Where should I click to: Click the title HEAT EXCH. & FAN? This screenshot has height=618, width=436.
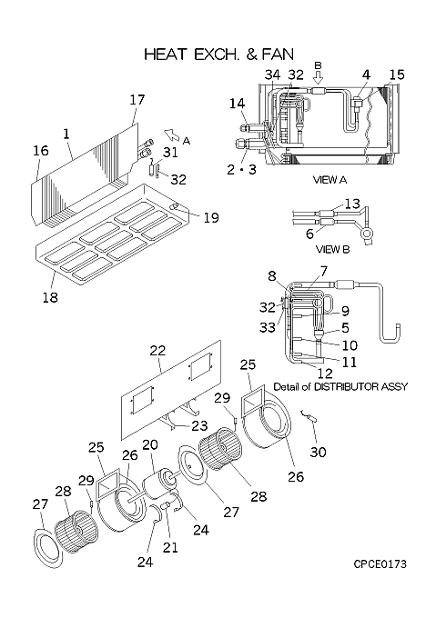[219, 55]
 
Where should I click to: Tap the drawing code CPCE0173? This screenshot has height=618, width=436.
[380, 564]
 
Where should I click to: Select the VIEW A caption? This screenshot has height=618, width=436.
[330, 180]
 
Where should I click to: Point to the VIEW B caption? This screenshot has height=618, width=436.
[332, 250]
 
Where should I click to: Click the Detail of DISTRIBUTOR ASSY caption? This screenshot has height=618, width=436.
[340, 386]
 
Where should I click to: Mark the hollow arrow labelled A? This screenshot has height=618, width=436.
[170, 135]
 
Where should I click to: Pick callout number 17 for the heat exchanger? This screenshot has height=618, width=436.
[137, 100]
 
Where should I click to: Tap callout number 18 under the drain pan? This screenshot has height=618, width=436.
[50, 297]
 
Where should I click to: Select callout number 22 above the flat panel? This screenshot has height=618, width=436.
[157, 351]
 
